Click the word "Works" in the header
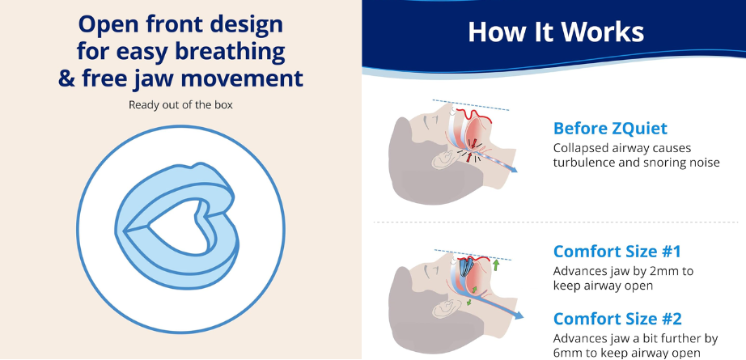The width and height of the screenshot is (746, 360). coord(596,32)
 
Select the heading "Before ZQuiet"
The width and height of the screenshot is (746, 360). coord(610,129)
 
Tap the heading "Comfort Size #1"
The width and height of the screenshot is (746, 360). coord(617,252)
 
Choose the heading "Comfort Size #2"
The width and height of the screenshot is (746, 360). coord(618,319)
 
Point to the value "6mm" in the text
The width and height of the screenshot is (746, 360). coord(566,353)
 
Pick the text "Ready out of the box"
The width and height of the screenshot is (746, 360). coord(180,104)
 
